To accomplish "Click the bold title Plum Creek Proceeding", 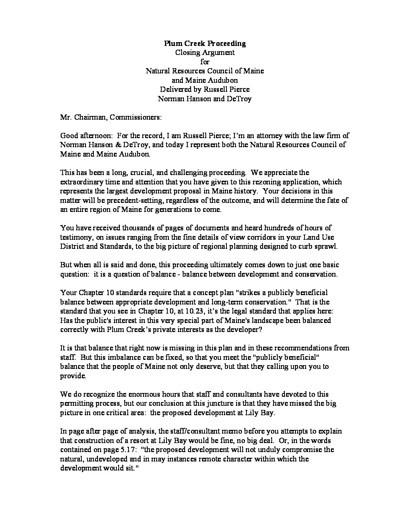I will click(205, 43).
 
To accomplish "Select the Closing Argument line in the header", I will click(205, 52).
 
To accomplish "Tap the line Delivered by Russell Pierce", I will click(205, 89).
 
